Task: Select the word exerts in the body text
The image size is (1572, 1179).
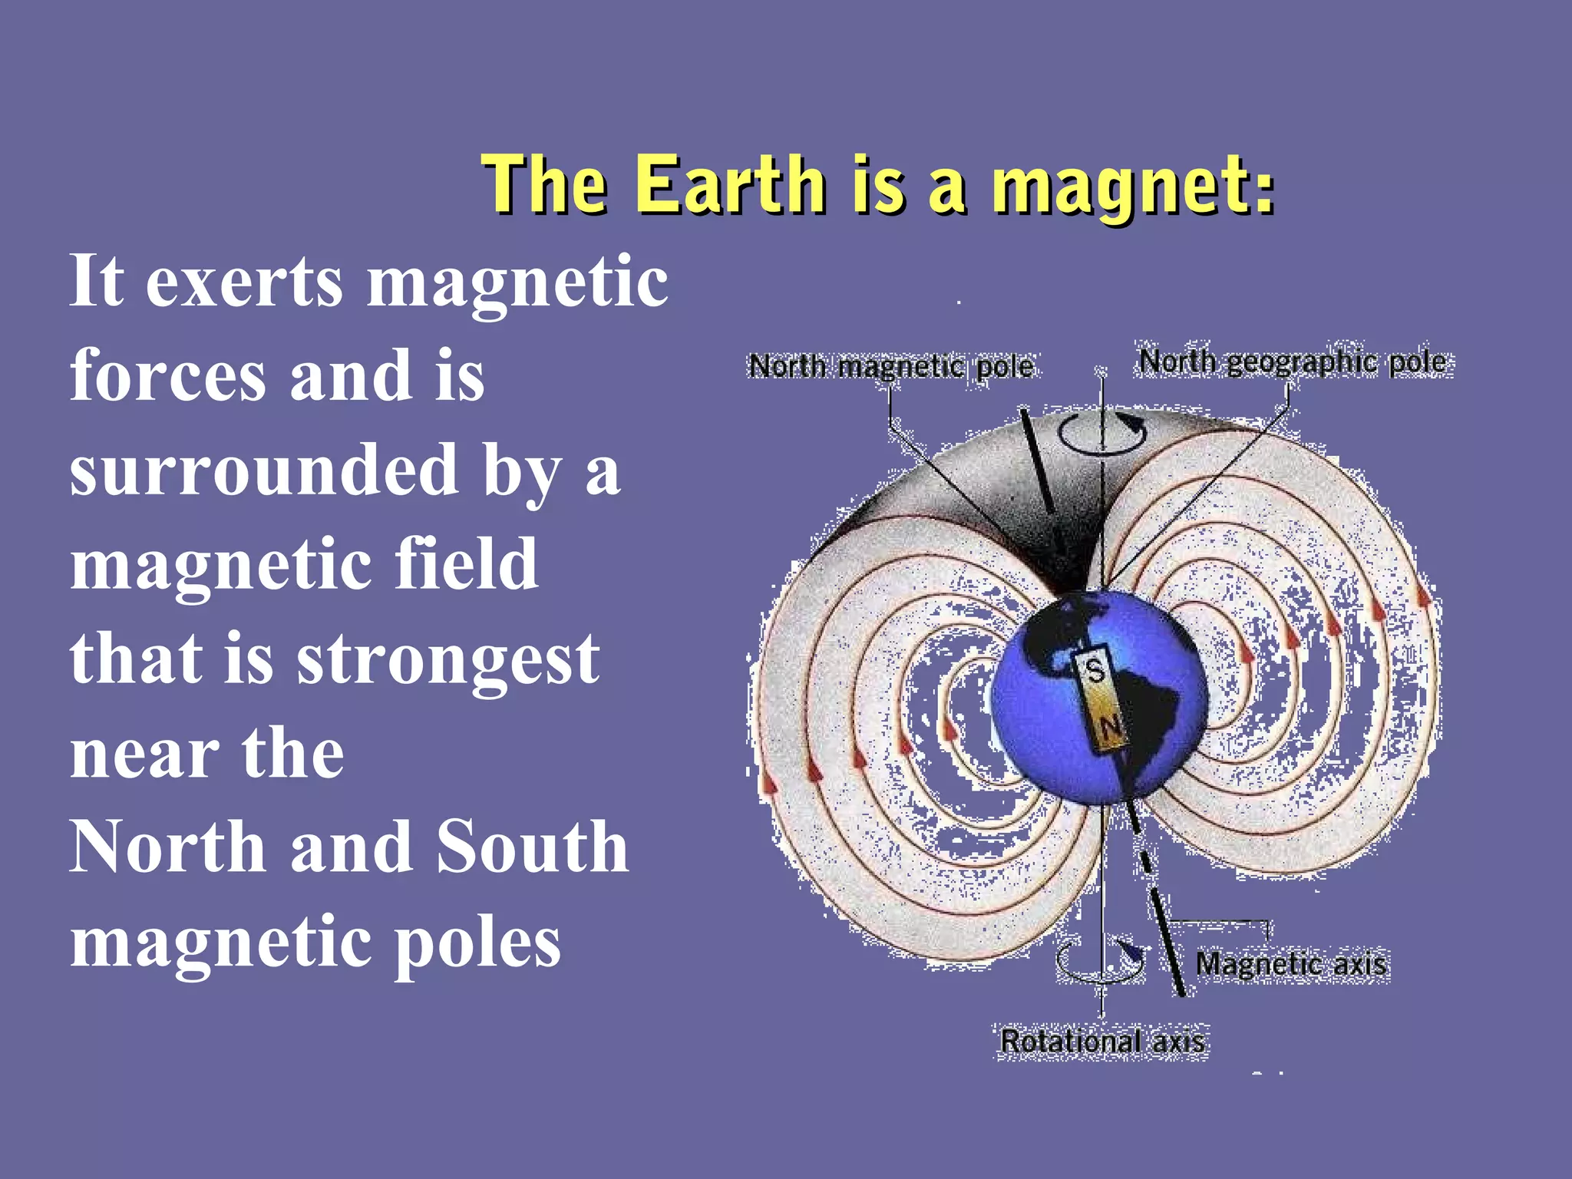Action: click(x=244, y=281)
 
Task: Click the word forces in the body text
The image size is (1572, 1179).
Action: click(x=167, y=375)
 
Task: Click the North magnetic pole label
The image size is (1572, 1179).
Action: click(x=890, y=366)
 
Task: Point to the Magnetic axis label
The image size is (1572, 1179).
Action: click(x=1291, y=964)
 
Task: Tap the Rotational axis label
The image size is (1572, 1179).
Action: click(x=1102, y=1042)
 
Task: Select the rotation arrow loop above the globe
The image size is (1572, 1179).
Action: click(x=1102, y=431)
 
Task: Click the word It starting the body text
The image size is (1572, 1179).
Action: click(x=97, y=281)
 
